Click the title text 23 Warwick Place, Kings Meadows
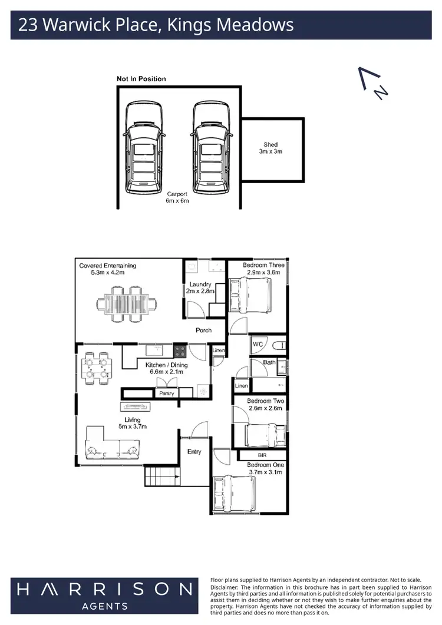click(x=156, y=25)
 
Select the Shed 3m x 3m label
click(x=271, y=148)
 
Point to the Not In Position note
click(x=141, y=79)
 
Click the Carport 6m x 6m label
click(x=177, y=197)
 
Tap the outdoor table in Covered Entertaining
click(x=127, y=303)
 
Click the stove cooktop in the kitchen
click(x=181, y=352)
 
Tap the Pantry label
click(x=167, y=393)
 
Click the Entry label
click(x=194, y=452)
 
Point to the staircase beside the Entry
click(x=161, y=474)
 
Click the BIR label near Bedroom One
click(x=263, y=455)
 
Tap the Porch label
click(x=203, y=330)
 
